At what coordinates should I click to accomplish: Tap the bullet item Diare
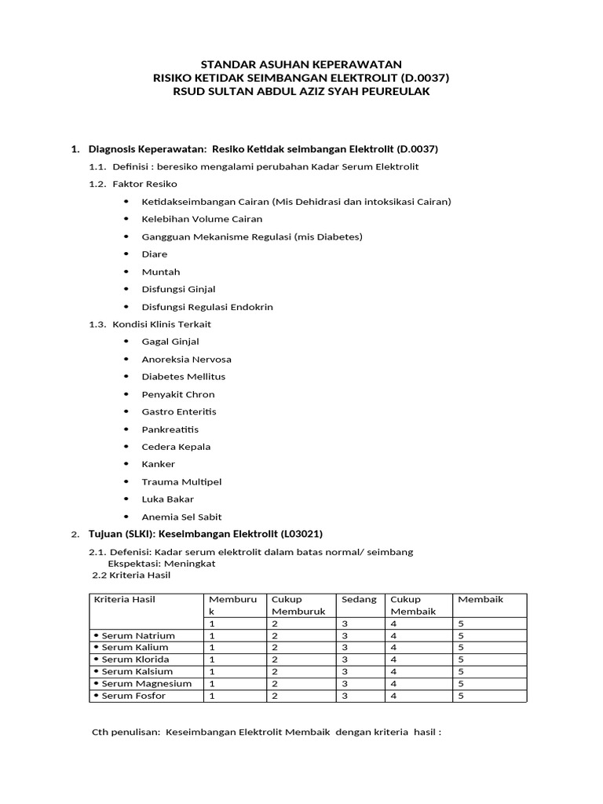coord(154,254)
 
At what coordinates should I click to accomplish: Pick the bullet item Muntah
coord(160,272)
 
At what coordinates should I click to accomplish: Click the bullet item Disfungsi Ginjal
coord(178,289)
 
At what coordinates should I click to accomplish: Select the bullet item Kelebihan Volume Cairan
coord(202,219)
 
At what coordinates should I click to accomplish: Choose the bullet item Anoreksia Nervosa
coord(186,359)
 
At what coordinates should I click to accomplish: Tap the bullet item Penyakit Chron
coord(177,394)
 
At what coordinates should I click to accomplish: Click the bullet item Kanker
coord(158,464)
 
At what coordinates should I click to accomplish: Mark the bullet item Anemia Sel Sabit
coord(181,517)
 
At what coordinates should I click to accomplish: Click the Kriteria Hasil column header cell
coord(125,600)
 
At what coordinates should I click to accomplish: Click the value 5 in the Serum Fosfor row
coord(461,696)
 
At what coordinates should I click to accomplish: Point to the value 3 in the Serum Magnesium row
coord(345,684)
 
